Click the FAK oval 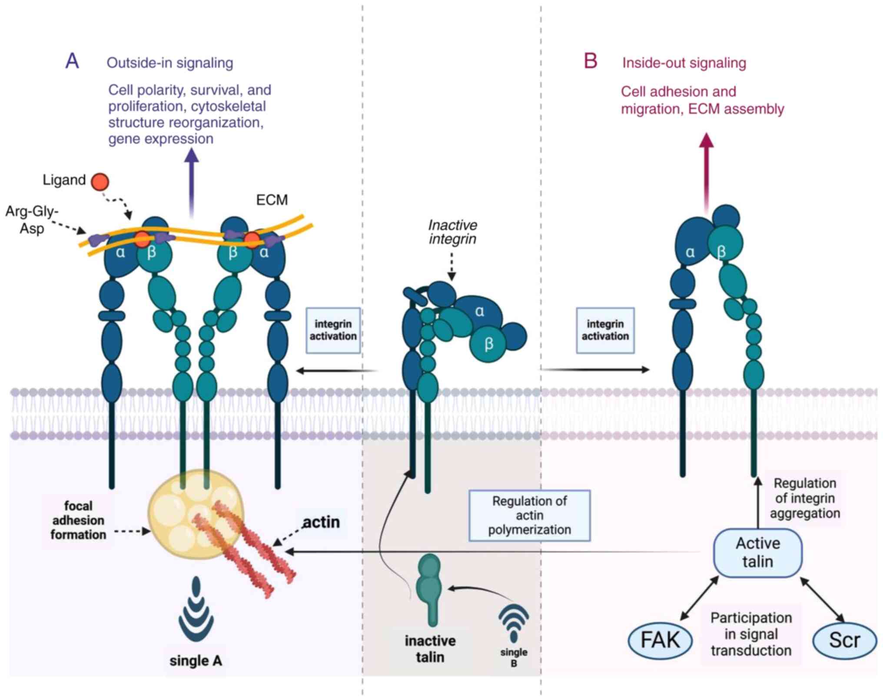click(660, 640)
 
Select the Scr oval click(844, 640)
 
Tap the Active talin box click(757, 553)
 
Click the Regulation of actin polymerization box click(529, 516)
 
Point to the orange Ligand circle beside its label click(100, 181)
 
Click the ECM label click(272, 200)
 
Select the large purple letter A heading click(72, 61)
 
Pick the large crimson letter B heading click(591, 61)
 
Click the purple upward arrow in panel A click(191, 183)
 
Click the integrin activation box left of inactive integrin click(333, 330)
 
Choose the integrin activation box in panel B click(605, 330)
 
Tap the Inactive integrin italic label click(452, 232)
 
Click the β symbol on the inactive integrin click(489, 344)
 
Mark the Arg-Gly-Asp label click(32, 220)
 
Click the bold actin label click(321, 522)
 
